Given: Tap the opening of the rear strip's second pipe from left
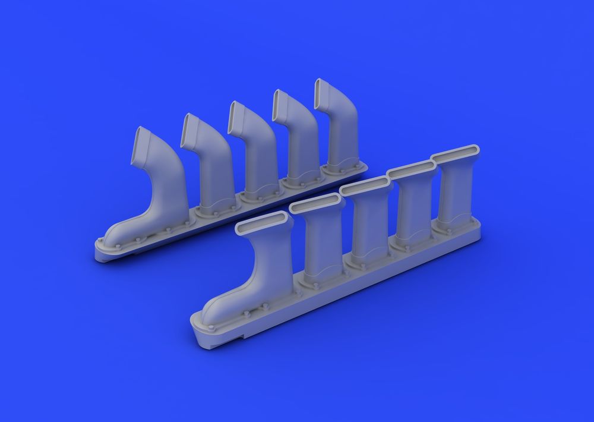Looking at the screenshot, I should point(192,131).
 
